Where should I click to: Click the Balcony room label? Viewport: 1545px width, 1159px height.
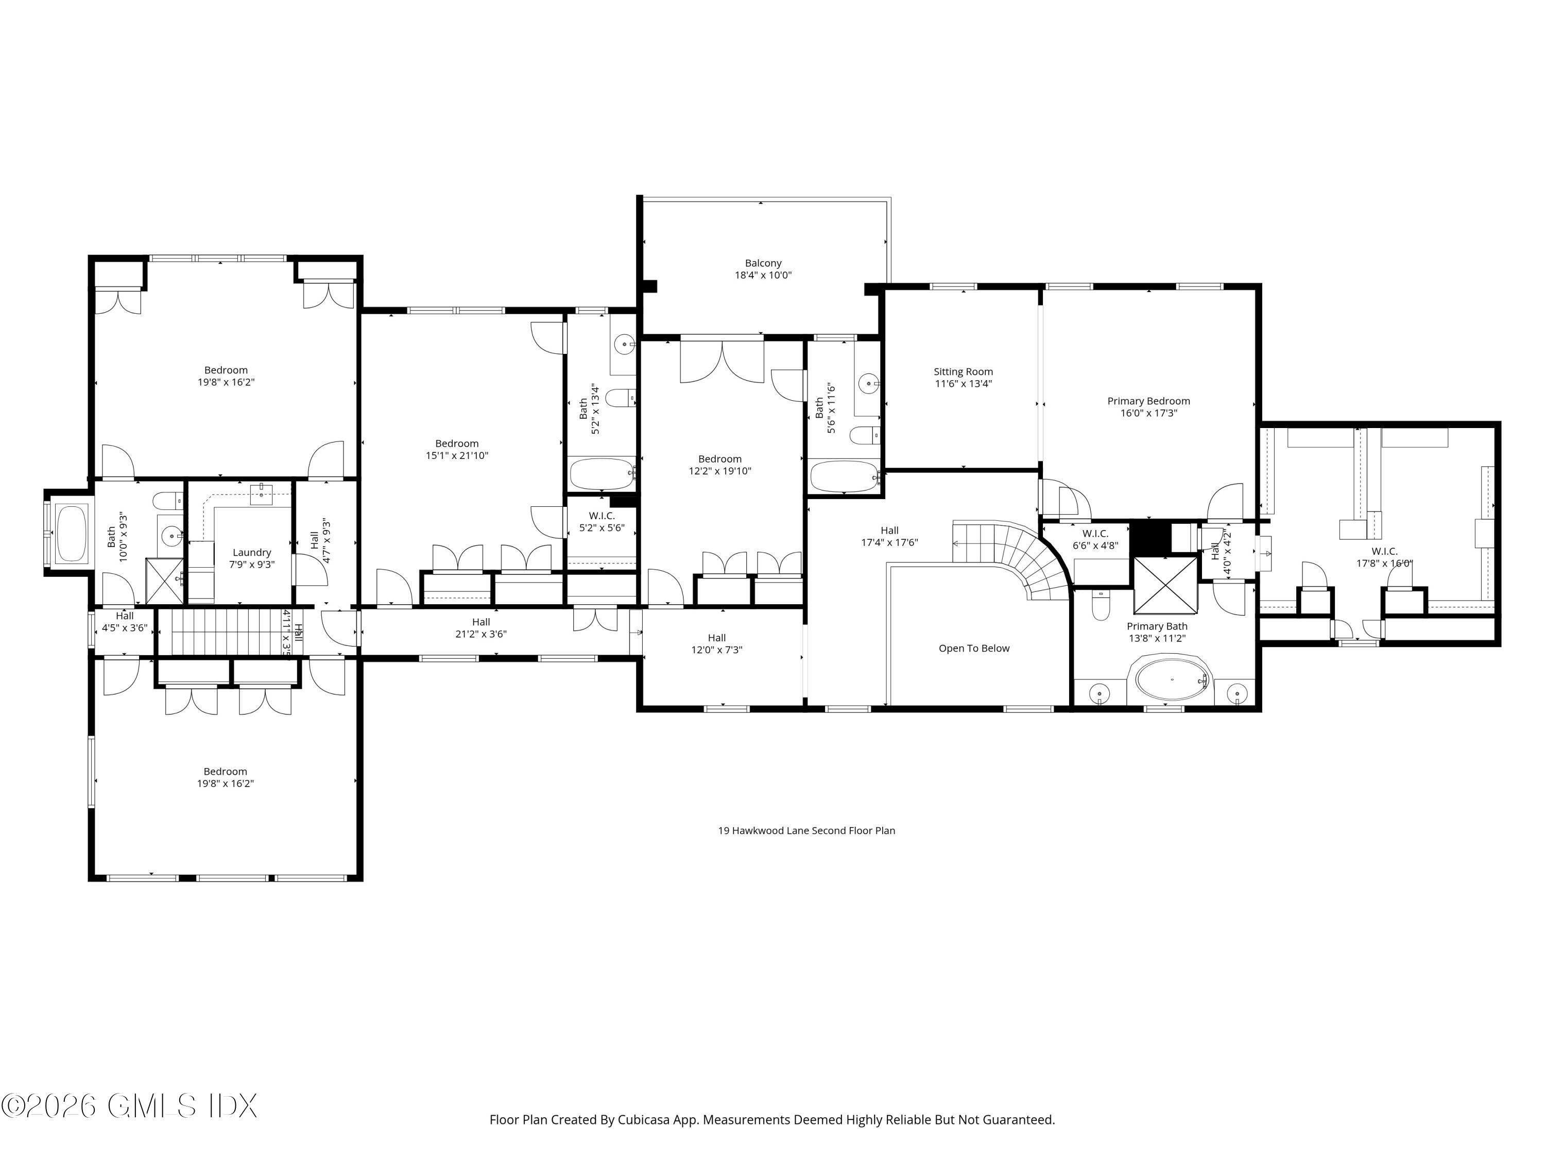click(763, 263)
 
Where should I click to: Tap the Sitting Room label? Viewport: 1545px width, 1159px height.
click(963, 372)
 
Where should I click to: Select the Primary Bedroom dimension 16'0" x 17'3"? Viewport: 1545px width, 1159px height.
click(1148, 413)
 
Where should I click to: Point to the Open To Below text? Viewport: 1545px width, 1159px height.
click(974, 649)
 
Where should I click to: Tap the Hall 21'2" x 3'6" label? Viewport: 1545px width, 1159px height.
click(480, 628)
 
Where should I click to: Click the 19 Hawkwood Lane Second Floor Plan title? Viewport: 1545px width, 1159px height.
click(806, 831)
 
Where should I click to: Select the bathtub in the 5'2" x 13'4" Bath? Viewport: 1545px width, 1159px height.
click(602, 474)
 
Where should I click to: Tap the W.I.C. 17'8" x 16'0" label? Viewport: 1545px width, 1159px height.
click(1384, 557)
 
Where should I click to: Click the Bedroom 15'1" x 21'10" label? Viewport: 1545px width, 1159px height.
click(457, 449)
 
